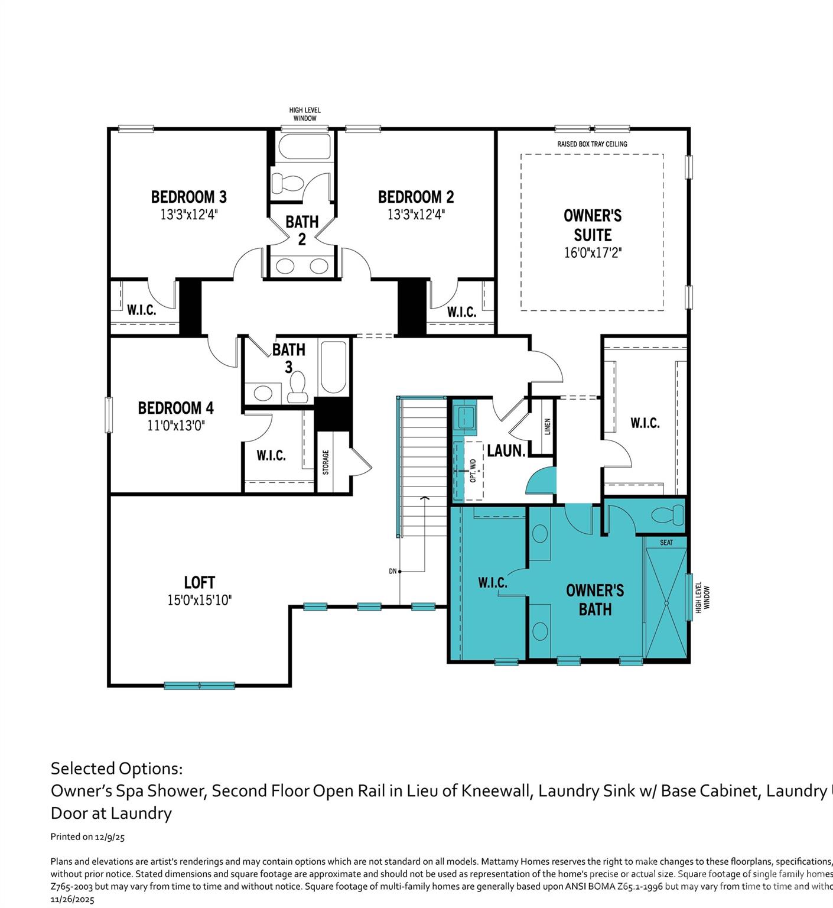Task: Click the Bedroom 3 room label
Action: coord(188,197)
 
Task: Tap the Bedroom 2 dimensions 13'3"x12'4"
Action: coord(416,215)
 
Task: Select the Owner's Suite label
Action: coord(593,225)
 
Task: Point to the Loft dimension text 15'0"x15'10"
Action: coord(199,601)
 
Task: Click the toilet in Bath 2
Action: coord(287,183)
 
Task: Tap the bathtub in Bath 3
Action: coord(333,367)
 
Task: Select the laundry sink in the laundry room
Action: coord(465,417)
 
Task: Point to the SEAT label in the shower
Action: coord(666,543)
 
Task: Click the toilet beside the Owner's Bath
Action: coord(668,515)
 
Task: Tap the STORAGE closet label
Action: coord(326,462)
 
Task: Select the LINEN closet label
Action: coord(548,427)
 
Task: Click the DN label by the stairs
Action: coord(392,572)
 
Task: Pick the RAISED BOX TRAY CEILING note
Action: coord(592,144)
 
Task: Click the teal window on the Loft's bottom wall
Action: coord(199,686)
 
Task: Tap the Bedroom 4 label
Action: coord(175,408)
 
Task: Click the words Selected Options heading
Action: coord(116,768)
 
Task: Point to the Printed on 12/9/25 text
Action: coord(87,837)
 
